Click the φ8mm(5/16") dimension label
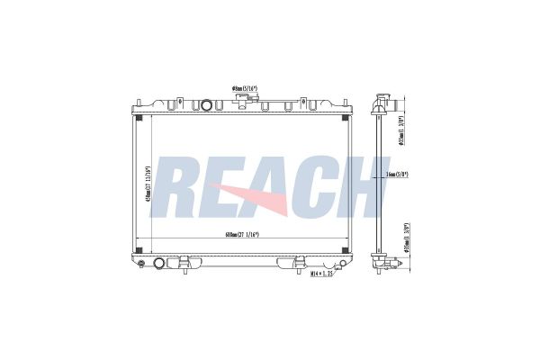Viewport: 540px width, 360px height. tap(246, 88)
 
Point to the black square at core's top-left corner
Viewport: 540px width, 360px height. tap(138, 115)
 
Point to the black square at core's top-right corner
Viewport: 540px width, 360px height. tap(346, 115)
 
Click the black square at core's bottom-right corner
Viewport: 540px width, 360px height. tap(346, 247)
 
